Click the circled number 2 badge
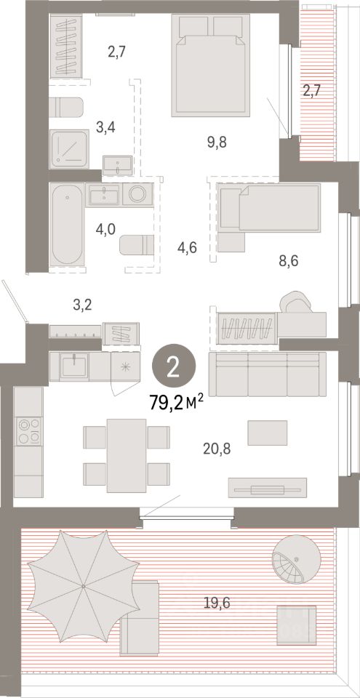pyautogui.click(x=174, y=368)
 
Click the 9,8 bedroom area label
pyautogui.click(x=216, y=143)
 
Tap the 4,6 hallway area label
pyautogui.click(x=187, y=246)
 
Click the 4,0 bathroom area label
pyautogui.click(x=105, y=230)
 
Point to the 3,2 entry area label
pyautogui.click(x=81, y=306)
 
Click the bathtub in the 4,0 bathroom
pyautogui.click(x=67, y=225)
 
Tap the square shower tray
pyautogui.click(x=69, y=149)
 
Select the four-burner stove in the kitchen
pyautogui.click(x=29, y=431)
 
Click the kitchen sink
pyautogui.click(x=74, y=366)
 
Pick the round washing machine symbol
pyautogui.click(x=137, y=195)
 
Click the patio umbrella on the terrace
pyautogui.click(x=84, y=586)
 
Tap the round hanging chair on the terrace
pyautogui.click(x=295, y=559)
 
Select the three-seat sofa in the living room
pyautogui.click(x=268, y=374)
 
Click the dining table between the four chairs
pyautogui.click(x=127, y=455)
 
